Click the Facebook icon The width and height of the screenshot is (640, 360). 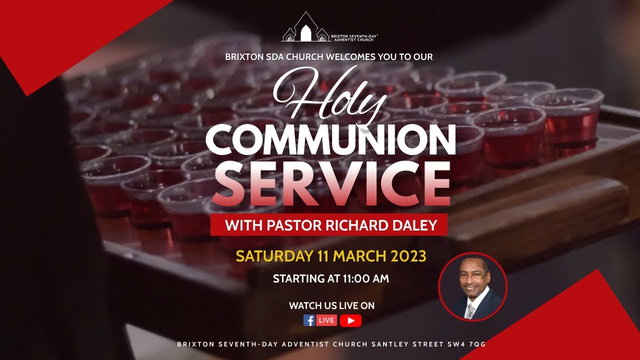(309, 320)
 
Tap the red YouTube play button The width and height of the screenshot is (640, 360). (350, 320)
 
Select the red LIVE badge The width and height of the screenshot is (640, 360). (326, 320)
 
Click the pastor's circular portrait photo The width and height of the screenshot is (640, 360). (472, 286)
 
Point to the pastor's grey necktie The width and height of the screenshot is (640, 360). (469, 310)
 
